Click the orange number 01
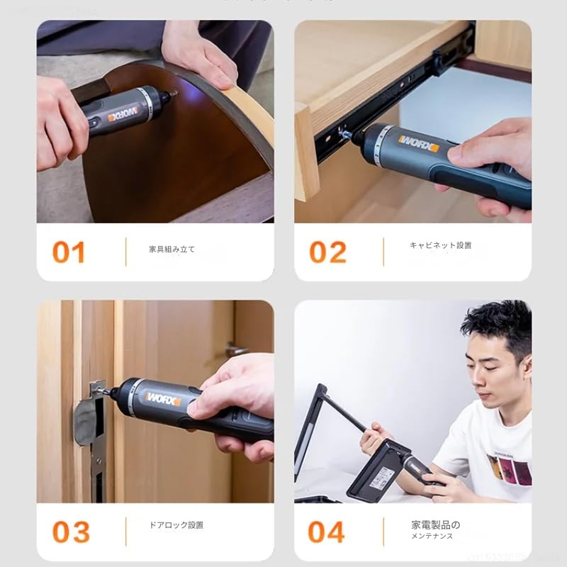pyautogui.click(x=69, y=252)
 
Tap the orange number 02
pyautogui.click(x=327, y=252)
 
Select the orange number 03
pyautogui.click(x=71, y=532)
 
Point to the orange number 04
pyautogui.click(x=327, y=532)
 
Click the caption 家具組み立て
pyautogui.click(x=172, y=249)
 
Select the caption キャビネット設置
pyautogui.click(x=440, y=245)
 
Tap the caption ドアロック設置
pyautogui.click(x=176, y=525)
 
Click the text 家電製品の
pyautogui.click(x=435, y=525)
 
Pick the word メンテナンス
pyautogui.click(x=432, y=537)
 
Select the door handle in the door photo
pyautogui.click(x=236, y=349)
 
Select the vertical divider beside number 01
pyautogui.click(x=125, y=252)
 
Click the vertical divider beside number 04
pyautogui.click(x=383, y=532)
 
